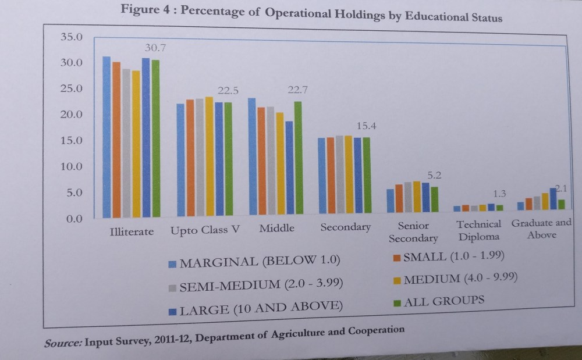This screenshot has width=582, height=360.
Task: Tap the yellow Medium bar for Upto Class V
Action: (209, 156)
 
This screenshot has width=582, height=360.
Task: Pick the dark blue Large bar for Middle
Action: (289, 169)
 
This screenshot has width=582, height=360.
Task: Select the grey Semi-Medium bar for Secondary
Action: (339, 177)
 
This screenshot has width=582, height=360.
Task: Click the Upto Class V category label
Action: (205, 230)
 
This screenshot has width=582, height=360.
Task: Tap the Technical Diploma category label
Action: (479, 230)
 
